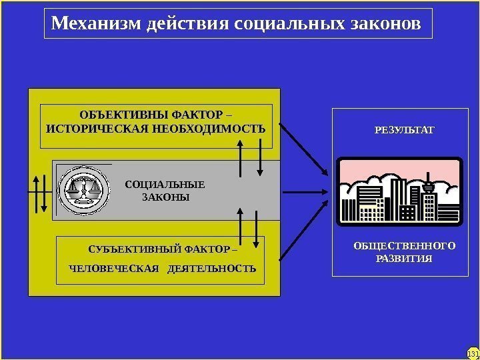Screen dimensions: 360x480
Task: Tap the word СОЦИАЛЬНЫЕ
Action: point(165,185)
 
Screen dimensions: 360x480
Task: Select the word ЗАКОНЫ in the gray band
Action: point(166,198)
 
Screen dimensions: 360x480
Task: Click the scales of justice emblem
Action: point(83,189)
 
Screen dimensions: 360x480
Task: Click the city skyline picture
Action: point(399,190)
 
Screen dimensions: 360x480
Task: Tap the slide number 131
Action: point(473,353)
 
